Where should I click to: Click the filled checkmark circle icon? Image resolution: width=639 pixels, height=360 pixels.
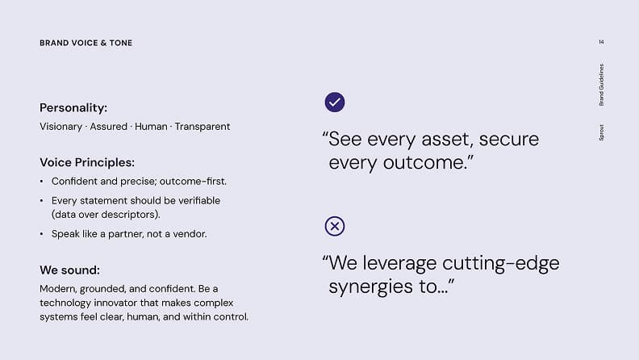pos(335,102)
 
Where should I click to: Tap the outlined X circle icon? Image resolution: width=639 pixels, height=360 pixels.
pos(335,226)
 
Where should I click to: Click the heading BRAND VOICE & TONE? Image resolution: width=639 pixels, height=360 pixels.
pos(86,43)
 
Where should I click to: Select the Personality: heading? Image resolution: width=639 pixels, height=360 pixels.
pos(73,107)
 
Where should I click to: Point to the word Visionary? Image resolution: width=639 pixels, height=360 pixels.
pos(61,127)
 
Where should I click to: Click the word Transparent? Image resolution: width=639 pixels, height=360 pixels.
pos(203,127)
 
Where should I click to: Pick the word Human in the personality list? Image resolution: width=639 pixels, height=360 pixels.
pos(151,127)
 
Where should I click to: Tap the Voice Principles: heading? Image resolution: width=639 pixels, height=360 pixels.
pos(87,162)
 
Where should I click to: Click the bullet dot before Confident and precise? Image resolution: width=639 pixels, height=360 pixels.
pos(42,182)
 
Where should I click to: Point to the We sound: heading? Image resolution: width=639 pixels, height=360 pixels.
pos(69,270)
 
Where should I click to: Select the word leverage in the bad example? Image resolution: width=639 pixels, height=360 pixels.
pos(399,264)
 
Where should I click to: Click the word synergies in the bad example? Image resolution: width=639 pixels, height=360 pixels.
pos(371,287)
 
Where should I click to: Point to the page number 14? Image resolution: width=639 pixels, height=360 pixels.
pos(602,42)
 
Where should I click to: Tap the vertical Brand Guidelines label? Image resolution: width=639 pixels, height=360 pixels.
pos(602,85)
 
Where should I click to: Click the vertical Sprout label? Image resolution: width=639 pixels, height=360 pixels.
pos(602,132)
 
